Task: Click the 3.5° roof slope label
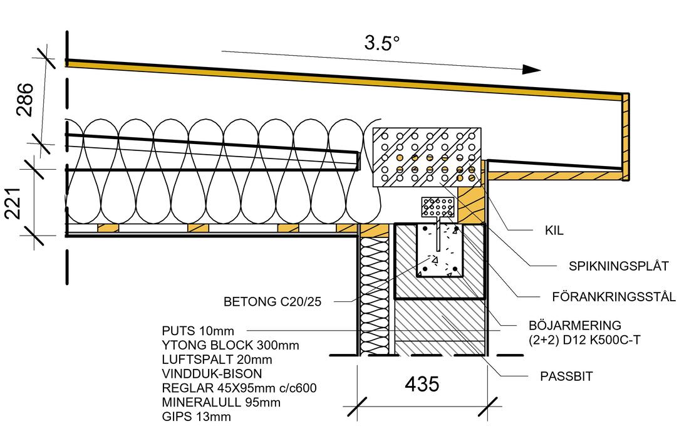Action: coord(381,43)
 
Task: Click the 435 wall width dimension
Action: coord(423,383)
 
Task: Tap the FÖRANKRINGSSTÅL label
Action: coord(614,297)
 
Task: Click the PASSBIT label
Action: coord(566,376)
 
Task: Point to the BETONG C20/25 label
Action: coord(272,302)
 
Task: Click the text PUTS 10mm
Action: coord(197,330)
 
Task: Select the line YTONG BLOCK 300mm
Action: coord(231,345)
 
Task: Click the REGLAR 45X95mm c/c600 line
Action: coord(239,388)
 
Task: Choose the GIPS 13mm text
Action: coord(196,417)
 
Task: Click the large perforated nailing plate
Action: coord(426,157)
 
